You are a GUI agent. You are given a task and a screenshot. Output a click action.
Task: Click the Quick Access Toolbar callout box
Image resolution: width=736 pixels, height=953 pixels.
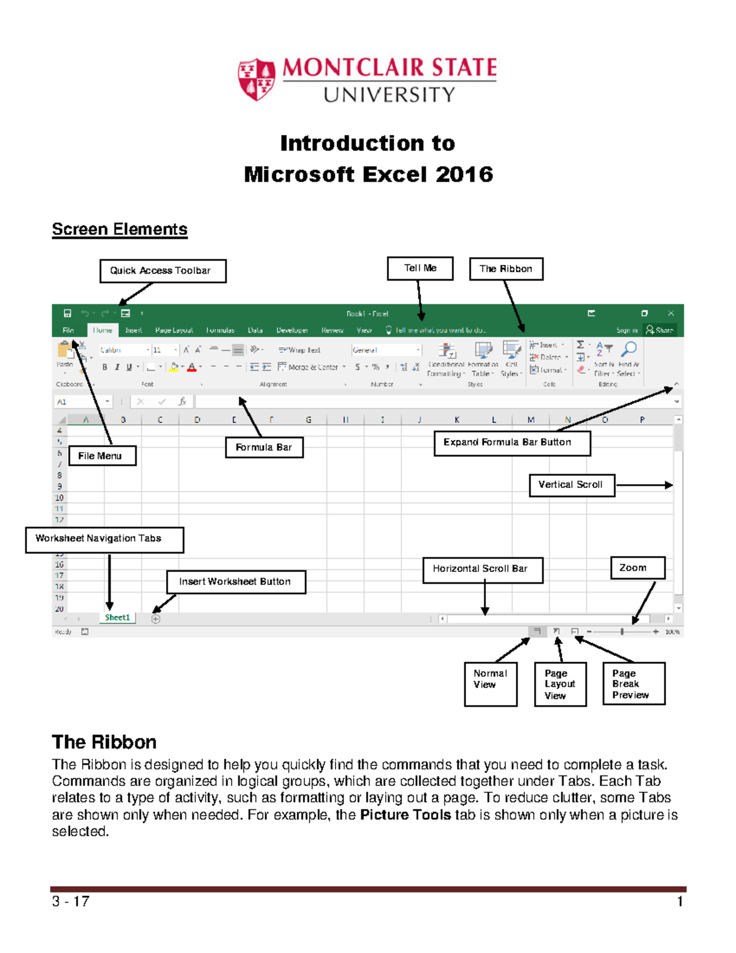pos(163,271)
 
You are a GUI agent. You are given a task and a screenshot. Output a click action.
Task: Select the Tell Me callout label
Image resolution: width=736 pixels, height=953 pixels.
pos(420,268)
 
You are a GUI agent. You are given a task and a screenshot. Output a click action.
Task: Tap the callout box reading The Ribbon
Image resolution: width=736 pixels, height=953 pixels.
pos(506,269)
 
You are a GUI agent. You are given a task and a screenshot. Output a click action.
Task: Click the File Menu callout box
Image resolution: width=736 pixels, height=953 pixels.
pos(102,456)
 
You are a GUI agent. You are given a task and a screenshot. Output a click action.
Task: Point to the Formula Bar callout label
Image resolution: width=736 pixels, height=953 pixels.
pos(264,447)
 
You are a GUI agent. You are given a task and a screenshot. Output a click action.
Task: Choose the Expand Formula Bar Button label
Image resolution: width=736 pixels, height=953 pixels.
pos(512,442)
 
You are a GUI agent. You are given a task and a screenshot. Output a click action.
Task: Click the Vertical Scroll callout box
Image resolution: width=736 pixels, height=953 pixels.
pos(572,485)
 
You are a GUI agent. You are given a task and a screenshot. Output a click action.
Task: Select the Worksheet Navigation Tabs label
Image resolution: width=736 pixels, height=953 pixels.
pos(104,539)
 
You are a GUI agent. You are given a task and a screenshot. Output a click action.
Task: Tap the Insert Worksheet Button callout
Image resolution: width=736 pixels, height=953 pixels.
pos(236,582)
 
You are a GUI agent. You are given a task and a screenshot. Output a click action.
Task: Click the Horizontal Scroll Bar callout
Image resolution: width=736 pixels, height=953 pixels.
pos(483,569)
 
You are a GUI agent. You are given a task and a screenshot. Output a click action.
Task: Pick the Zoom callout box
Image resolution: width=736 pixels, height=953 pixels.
pos(637,568)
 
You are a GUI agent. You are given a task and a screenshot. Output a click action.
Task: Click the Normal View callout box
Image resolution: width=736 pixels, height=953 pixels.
pos(491,684)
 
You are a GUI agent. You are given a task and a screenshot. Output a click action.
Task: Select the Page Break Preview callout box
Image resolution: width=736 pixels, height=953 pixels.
pos(634,684)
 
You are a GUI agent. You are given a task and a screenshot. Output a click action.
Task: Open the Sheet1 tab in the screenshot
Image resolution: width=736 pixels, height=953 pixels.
pos(117,618)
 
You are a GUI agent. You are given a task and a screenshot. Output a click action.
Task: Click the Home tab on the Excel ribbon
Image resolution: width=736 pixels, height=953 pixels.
pos(102,330)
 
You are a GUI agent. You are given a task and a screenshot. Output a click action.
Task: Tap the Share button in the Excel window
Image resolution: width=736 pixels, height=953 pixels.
pos(661,330)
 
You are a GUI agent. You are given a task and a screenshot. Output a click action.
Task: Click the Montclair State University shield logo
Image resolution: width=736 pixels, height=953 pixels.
pos(256,79)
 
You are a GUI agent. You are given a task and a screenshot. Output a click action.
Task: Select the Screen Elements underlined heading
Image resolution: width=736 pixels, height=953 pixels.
pos(120,230)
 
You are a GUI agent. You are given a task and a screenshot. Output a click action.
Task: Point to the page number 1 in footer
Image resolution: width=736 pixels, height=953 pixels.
pos(680,901)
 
